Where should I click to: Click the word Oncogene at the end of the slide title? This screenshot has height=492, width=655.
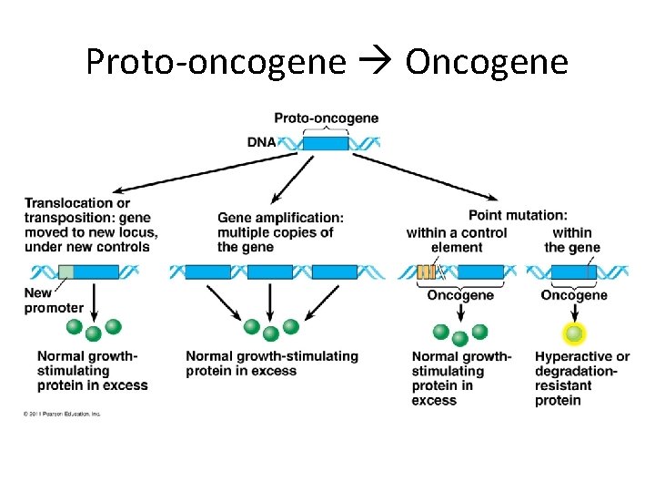[x=487, y=62]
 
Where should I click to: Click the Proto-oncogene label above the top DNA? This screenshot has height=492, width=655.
[x=326, y=118]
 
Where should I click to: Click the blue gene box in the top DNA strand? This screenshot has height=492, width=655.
[x=326, y=143]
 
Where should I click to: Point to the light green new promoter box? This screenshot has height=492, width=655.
[x=65, y=272]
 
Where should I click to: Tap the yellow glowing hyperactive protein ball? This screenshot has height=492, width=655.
[x=573, y=333]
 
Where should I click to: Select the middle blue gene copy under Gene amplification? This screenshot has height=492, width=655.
[x=270, y=272]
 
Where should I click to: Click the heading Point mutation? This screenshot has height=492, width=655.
[x=518, y=215]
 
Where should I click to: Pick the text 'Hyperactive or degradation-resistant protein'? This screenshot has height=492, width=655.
[x=581, y=378]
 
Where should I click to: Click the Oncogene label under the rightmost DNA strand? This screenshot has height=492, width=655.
[x=573, y=295]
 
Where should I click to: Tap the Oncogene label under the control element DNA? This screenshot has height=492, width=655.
[x=460, y=295]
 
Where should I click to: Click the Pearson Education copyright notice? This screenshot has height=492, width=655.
[x=62, y=414]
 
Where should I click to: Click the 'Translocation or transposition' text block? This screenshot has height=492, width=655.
[x=90, y=224]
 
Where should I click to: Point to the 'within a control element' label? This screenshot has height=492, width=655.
[x=457, y=240]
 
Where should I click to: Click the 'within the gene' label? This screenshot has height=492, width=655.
[x=572, y=240]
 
